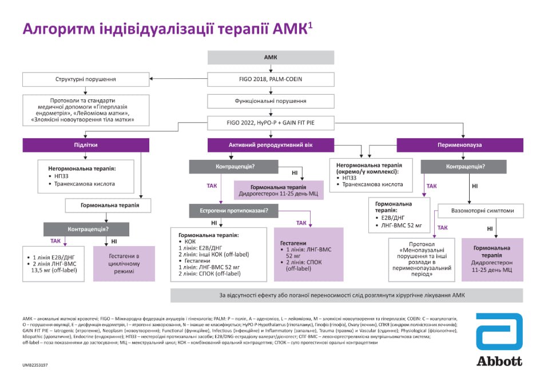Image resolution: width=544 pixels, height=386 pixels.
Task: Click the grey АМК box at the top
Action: (271, 58)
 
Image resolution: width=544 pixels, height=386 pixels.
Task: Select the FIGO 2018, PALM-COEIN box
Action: (271, 79)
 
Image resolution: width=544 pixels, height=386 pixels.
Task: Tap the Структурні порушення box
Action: (86, 79)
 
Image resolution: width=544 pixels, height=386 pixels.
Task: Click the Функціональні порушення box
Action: (271, 101)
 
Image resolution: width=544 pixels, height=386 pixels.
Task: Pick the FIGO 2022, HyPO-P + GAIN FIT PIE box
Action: (271, 123)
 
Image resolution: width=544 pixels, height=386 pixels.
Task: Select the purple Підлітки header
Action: (86, 145)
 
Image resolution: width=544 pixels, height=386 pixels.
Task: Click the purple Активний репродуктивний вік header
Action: (271, 145)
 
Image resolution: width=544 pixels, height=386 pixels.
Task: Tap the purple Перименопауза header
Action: (459, 145)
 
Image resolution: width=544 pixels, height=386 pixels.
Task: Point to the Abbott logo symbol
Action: (499, 332)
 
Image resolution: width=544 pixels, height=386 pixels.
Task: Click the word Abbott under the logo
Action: (499, 361)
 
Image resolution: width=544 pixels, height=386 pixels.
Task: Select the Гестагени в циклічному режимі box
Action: (125, 263)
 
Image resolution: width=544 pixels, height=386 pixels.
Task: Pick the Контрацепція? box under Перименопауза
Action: (463, 167)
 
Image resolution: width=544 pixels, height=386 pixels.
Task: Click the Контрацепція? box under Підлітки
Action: (86, 230)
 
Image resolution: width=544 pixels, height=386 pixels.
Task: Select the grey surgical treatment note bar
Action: (347, 295)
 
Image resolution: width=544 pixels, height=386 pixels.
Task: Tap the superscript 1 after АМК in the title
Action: (311, 24)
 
